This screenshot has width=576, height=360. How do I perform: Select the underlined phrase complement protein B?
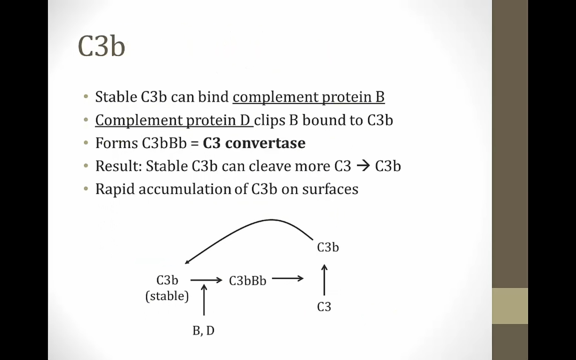[x=308, y=97]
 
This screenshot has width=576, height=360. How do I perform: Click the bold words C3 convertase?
[x=254, y=143]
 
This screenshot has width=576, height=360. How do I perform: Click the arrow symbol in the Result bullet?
[x=363, y=166]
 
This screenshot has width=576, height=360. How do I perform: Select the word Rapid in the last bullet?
[x=115, y=190]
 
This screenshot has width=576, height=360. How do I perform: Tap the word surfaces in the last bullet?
[x=330, y=189]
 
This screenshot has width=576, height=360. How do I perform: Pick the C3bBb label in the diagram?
[x=247, y=280]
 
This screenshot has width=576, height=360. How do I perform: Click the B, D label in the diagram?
[x=203, y=331]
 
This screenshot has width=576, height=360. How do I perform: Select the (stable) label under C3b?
[x=167, y=296]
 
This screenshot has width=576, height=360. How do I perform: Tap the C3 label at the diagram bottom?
[x=324, y=307]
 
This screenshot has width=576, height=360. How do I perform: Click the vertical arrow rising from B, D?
[x=204, y=300]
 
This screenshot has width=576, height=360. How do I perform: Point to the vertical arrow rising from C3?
[x=324, y=280]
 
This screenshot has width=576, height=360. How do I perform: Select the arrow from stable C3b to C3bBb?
[x=206, y=280]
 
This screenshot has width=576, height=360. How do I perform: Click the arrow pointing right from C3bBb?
[x=288, y=278]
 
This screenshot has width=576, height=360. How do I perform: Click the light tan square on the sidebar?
[x=510, y=306]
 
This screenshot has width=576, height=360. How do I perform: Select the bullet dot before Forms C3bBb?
[x=86, y=143]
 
